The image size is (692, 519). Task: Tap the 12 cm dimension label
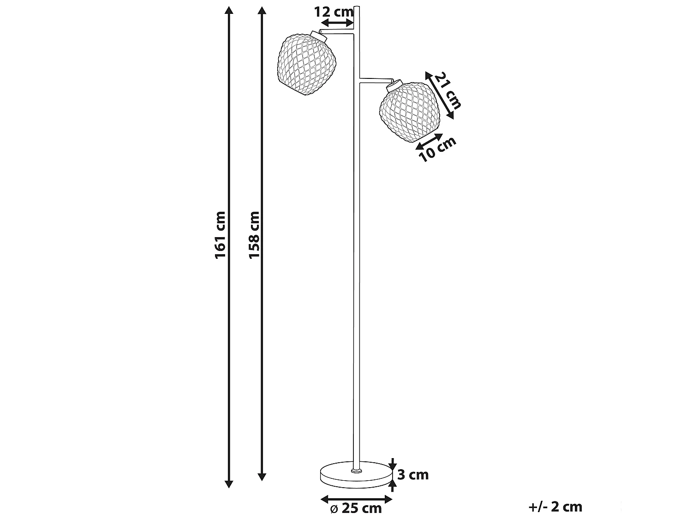point(334,12)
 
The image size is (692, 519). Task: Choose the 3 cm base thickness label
point(413,474)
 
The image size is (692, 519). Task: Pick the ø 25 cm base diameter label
point(356,508)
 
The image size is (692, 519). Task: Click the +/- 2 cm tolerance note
point(555,507)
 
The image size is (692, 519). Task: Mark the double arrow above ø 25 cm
point(356,499)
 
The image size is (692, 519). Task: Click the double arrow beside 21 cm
point(439,95)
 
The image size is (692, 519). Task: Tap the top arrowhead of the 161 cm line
point(228,10)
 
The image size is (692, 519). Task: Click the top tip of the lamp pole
point(357,7)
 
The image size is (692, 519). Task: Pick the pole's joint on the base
point(356,471)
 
